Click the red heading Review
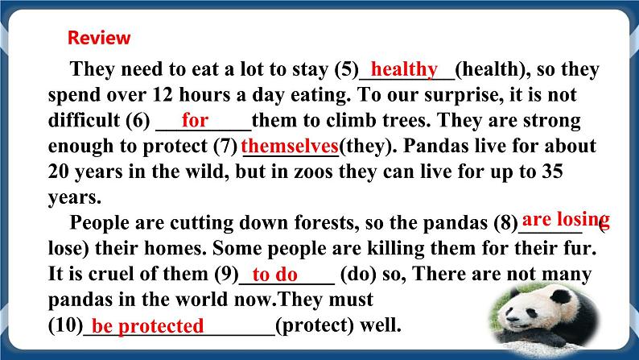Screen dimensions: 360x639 click(x=99, y=38)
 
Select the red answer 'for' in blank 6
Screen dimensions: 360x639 click(x=195, y=121)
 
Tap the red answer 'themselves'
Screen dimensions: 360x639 click(x=289, y=147)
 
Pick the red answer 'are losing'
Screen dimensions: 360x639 click(x=565, y=220)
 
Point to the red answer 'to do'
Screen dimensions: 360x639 click(x=275, y=275)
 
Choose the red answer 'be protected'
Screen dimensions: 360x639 click(x=147, y=326)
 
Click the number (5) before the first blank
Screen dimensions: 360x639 click(x=345, y=70)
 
